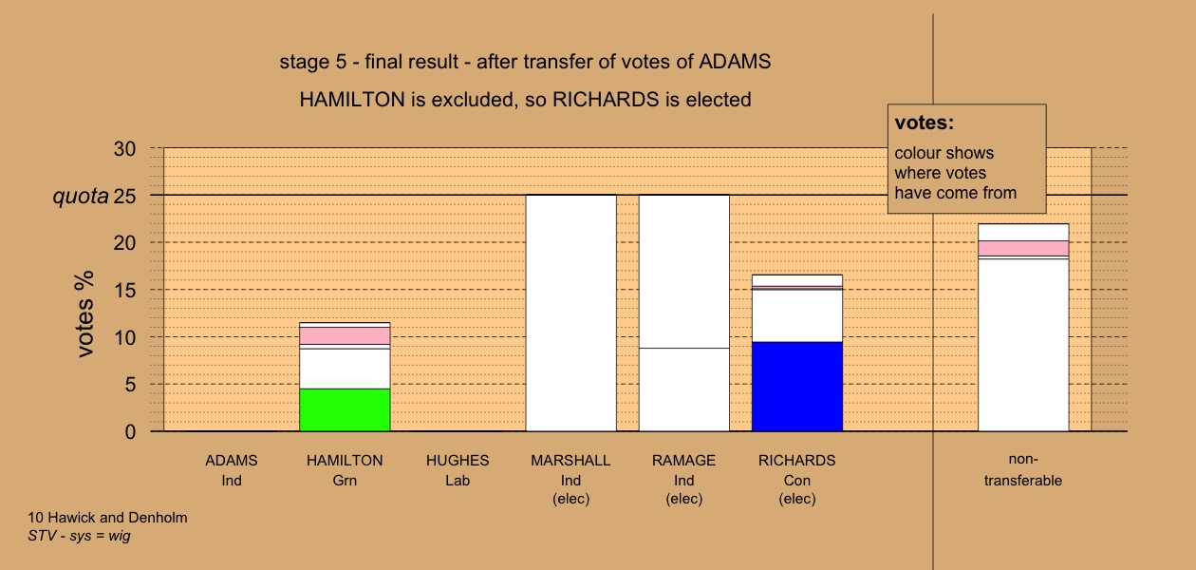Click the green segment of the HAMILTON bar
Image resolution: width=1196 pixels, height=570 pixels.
[x=345, y=409]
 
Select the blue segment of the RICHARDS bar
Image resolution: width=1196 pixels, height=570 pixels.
[x=797, y=387]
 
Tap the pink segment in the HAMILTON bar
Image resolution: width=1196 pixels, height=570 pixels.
[x=345, y=335]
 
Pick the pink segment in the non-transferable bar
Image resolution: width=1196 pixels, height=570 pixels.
[x=1023, y=248]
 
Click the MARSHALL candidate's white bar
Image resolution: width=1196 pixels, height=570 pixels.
[x=570, y=313]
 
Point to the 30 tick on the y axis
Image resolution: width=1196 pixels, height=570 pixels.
[x=124, y=149]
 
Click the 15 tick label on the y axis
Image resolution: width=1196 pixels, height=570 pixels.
[x=124, y=291]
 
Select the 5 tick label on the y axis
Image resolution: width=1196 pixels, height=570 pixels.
[x=130, y=385]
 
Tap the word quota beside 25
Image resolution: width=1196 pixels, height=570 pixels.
[x=81, y=197]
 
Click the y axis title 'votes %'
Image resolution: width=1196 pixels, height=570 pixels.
[x=84, y=313]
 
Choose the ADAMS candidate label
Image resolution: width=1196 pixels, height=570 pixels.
[x=232, y=461]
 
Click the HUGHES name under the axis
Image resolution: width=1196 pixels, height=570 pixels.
[x=458, y=461]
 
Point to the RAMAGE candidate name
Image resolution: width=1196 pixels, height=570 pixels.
[x=684, y=461]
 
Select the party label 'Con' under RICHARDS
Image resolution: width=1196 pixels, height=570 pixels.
[x=797, y=481]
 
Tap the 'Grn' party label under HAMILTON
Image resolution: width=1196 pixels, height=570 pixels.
[x=345, y=481]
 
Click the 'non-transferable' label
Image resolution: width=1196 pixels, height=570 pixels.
[x=1023, y=470]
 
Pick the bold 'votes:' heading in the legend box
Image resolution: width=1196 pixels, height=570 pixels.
[x=925, y=123]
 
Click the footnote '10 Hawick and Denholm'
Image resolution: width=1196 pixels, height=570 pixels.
[x=107, y=518]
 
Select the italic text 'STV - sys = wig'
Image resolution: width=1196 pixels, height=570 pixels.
[x=79, y=536]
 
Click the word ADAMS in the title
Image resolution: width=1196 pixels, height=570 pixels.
[x=735, y=62]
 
